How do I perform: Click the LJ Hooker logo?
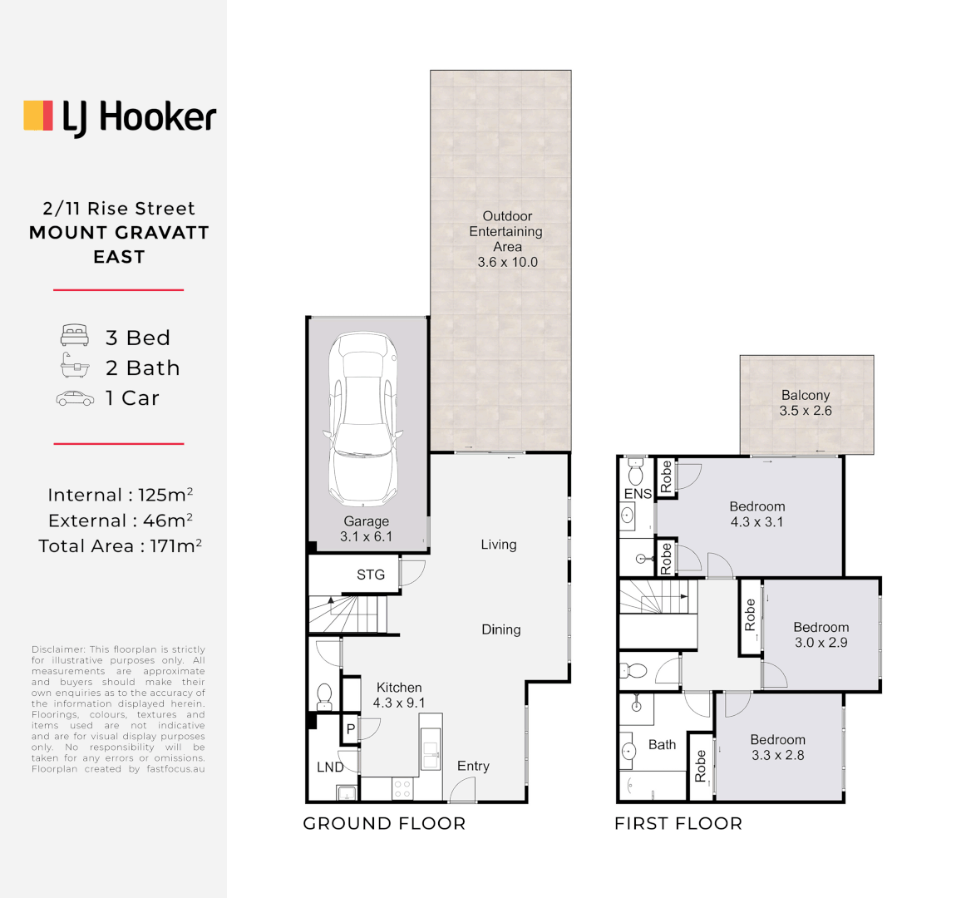tap(120, 117)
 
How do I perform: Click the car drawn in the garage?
tap(363, 419)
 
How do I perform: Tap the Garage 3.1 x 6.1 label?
tap(366, 529)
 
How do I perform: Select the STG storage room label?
tap(371, 575)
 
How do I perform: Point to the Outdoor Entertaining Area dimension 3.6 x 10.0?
tap(507, 262)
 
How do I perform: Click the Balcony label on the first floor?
tap(805, 396)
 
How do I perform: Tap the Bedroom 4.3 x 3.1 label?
tap(757, 514)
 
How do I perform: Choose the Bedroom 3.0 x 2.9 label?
tap(821, 634)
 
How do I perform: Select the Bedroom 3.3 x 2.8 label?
tap(777, 747)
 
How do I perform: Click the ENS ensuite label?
tap(638, 494)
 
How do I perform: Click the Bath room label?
tap(662, 745)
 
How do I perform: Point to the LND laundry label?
tap(330, 767)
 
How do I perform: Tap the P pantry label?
tap(351, 729)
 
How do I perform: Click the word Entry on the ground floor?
tap(473, 766)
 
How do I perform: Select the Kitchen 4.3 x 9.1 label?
tap(399, 695)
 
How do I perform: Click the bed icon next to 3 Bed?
tap(75, 336)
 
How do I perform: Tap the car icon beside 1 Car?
tap(75, 399)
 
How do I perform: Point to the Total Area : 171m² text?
tap(120, 546)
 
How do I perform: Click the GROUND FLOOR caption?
tap(384, 824)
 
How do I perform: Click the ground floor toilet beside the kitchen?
tap(325, 693)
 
